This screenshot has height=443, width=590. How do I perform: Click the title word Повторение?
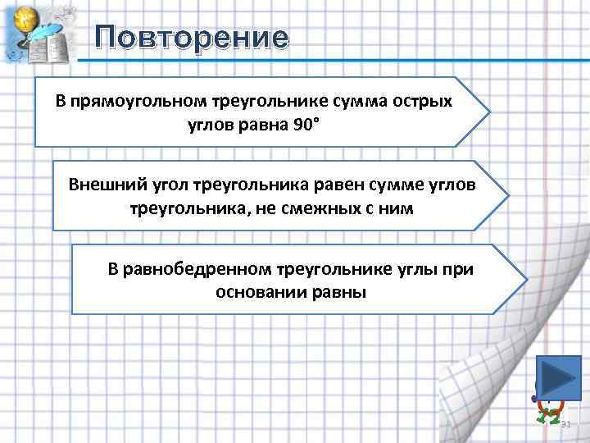coord(191,38)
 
